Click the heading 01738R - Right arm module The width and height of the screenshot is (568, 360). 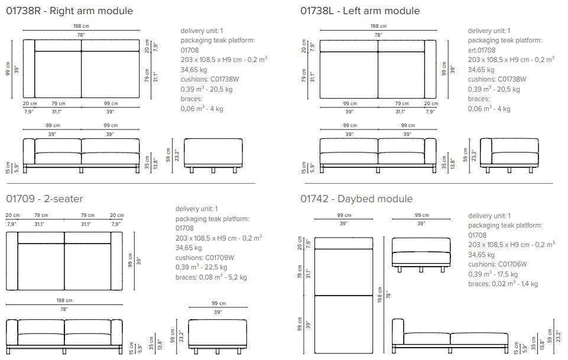coord(70,11)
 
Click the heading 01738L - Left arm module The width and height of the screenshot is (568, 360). coord(360,11)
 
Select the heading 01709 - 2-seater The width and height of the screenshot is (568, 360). coord(44,199)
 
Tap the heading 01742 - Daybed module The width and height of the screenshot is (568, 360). coord(356,199)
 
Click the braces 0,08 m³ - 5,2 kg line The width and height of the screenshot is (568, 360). coord(211,277)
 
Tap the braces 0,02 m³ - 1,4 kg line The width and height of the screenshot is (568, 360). coord(503,284)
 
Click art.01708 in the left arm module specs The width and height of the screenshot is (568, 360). coord(482,50)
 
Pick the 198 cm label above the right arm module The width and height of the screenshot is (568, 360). coord(81,26)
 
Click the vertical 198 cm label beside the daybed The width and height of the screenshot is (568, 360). coord(380,295)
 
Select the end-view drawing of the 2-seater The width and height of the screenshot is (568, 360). coord(218,336)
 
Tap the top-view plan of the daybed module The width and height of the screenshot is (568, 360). coord(343,296)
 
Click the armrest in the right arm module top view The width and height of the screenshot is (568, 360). coord(29,69)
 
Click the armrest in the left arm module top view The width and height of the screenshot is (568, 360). coord(430,69)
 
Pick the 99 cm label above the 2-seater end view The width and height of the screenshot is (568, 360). coord(219,303)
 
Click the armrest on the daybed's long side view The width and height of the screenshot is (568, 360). coord(398,332)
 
